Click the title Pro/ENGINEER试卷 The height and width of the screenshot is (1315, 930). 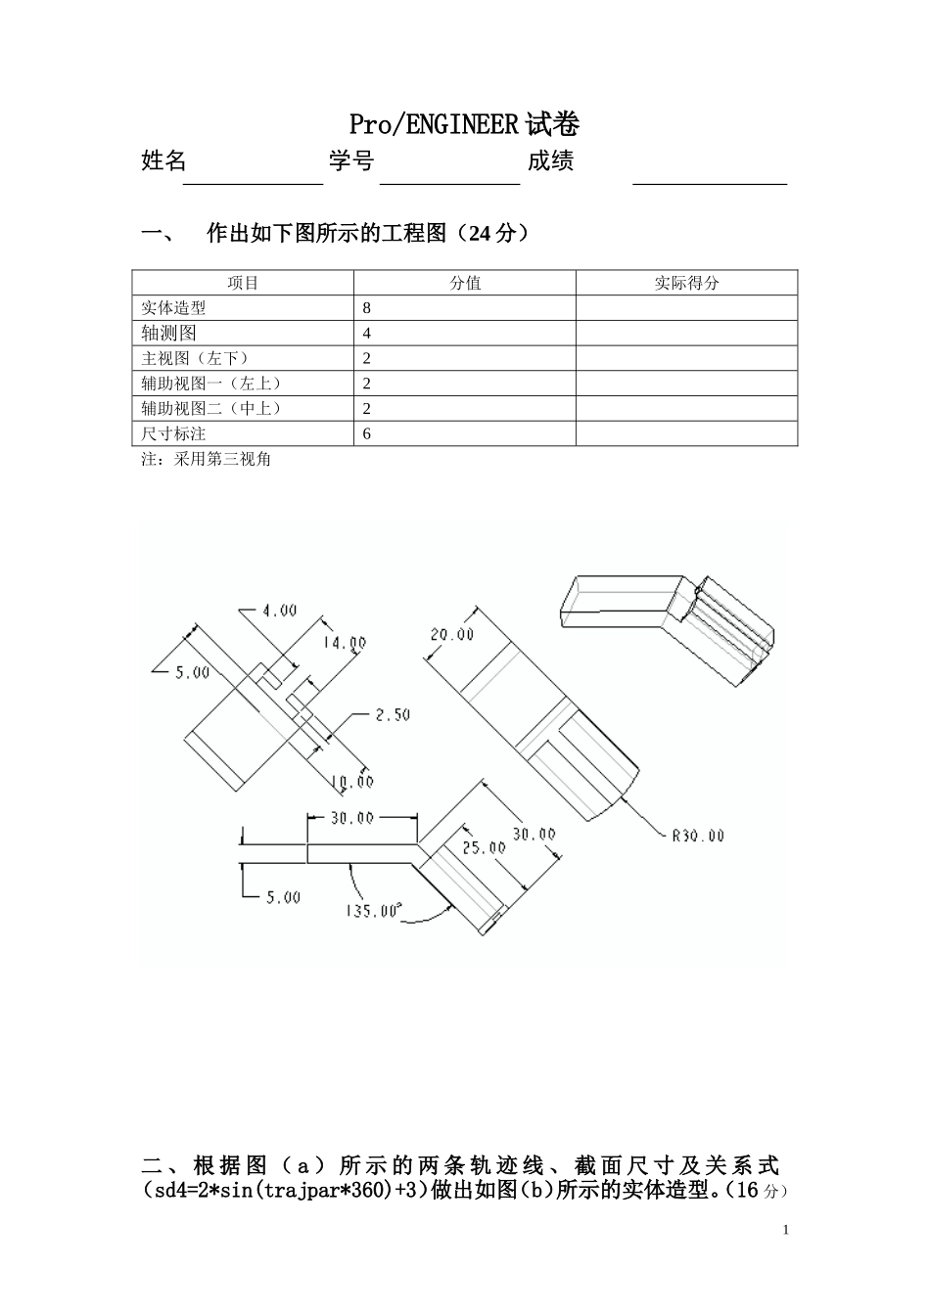point(465,125)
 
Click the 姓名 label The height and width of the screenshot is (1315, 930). point(163,161)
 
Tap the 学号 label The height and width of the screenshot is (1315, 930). point(350,161)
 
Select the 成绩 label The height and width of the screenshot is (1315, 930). point(550,161)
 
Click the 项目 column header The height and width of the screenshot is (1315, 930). point(243,283)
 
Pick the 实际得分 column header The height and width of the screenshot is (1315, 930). point(686,283)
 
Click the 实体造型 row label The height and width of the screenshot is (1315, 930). point(173,308)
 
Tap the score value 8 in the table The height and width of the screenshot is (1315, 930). point(367,308)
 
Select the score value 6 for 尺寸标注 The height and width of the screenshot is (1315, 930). point(367,433)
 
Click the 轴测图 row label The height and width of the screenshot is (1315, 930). point(168,334)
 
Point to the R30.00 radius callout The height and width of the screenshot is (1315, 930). point(697,836)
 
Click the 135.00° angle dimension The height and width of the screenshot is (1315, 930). point(373,911)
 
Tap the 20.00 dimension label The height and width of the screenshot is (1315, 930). point(451,635)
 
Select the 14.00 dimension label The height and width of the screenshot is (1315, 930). point(345,643)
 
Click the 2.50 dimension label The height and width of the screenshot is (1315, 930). point(393,715)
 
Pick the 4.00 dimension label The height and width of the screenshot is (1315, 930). point(279,611)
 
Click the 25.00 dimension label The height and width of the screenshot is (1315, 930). point(484,847)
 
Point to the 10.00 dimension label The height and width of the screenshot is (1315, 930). point(351,782)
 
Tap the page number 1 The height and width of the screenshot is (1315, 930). point(786,1230)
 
